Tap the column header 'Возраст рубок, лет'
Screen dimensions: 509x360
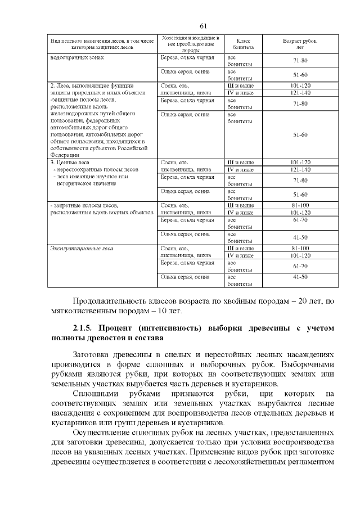click(300, 44)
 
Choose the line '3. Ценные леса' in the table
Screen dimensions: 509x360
click(70, 163)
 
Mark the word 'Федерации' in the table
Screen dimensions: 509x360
click(65, 155)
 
